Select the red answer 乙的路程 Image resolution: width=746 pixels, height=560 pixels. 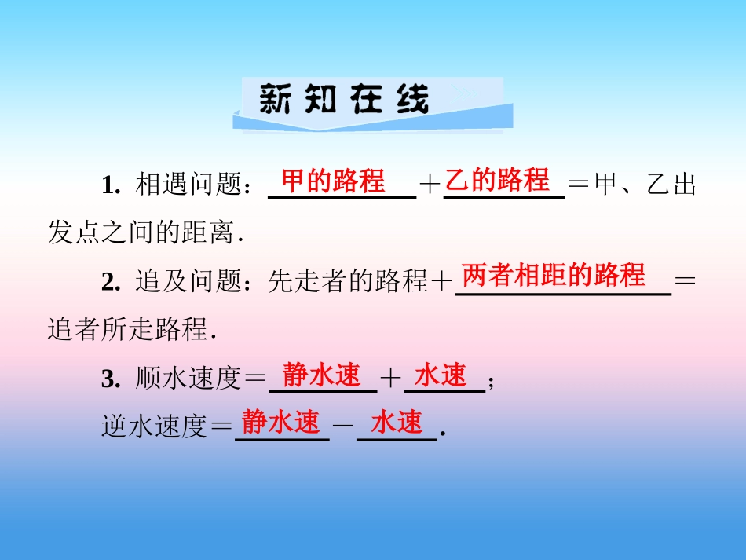tap(497, 181)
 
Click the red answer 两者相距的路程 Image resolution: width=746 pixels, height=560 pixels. tap(554, 276)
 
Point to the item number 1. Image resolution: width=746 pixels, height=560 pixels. tap(109, 186)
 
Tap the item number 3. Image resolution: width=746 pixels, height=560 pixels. tap(109, 379)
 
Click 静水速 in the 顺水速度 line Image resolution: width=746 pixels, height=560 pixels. tap(321, 375)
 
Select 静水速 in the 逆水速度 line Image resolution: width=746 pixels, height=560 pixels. tap(280, 423)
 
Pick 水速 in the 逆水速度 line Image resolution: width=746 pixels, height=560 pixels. tap(397, 423)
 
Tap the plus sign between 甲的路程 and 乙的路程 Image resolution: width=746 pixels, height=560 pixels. tap(430, 186)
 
